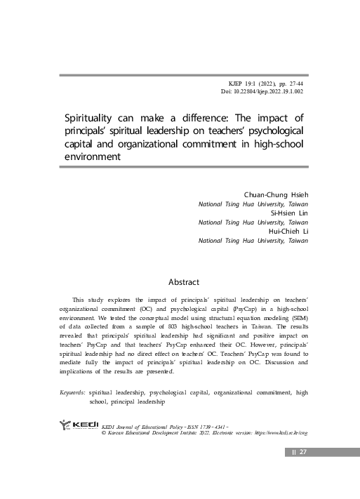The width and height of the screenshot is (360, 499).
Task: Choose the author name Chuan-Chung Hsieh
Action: [x=276, y=194]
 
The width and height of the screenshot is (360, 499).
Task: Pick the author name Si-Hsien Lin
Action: [x=288, y=212]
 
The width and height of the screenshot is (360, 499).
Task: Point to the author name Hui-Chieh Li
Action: [x=288, y=230]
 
